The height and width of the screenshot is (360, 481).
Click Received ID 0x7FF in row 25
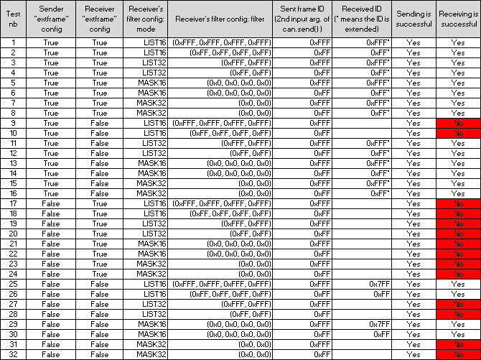(380, 285)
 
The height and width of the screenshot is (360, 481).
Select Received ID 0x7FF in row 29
(380, 325)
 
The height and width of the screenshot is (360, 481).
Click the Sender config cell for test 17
(51, 204)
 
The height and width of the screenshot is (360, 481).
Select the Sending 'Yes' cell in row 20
(414, 234)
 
